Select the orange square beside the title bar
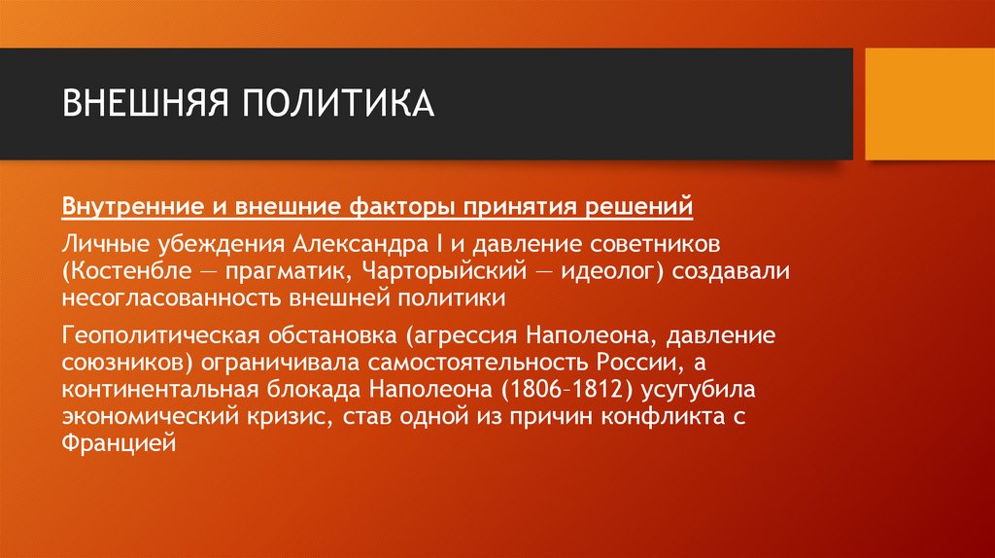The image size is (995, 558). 929,104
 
